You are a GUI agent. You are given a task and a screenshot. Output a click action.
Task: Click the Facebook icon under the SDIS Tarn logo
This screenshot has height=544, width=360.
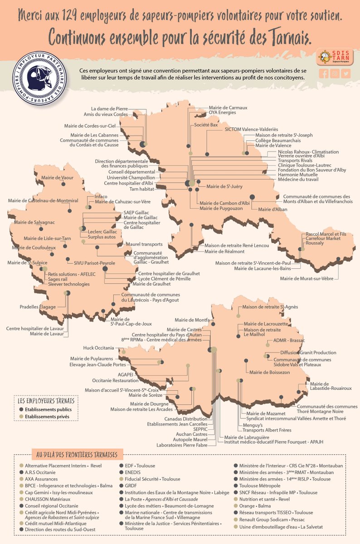click(x=324, y=74)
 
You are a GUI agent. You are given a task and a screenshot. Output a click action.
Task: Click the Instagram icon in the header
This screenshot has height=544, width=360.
click(x=335, y=74)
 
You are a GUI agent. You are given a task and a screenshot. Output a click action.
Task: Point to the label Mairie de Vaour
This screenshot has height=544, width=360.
click(x=57, y=178)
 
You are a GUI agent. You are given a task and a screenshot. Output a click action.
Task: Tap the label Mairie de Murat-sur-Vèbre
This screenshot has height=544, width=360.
click(x=307, y=278)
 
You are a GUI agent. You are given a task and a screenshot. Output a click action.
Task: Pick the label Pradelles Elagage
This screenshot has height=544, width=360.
click(x=38, y=306)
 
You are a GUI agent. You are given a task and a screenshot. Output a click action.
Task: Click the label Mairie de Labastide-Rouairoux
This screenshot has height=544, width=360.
click(x=331, y=386)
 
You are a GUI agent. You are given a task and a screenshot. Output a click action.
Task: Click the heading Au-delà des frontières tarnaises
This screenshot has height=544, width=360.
click(x=75, y=455)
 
